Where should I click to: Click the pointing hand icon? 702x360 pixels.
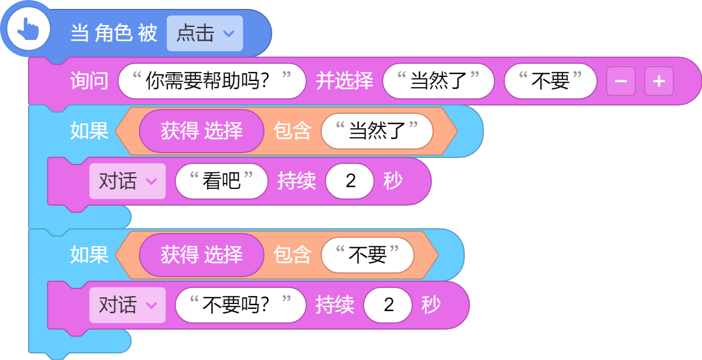[28, 30]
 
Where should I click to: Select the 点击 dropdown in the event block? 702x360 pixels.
[204, 33]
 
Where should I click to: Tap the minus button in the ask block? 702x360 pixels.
[621, 81]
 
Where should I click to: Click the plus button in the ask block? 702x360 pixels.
[659, 81]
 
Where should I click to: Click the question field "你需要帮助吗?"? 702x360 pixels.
[212, 81]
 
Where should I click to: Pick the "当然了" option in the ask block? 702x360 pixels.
[438, 81]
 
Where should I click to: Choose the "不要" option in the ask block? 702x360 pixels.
[551, 81]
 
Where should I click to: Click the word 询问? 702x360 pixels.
[89, 81]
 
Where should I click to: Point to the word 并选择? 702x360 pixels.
[344, 81]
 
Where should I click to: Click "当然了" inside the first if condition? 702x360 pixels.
[377, 131]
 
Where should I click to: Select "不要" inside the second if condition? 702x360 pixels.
[368, 255]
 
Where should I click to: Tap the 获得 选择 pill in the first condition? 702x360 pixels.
[201, 131]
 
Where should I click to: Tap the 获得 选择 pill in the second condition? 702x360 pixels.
[201, 255]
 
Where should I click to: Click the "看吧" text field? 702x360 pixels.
[222, 181]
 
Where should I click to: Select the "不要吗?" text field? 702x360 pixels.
[240, 305]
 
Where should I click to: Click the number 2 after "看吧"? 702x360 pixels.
[350, 181]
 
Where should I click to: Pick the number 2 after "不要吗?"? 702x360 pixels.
[388, 305]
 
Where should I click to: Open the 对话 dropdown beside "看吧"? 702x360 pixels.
[128, 181]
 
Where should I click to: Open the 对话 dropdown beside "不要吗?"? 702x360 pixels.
[128, 305]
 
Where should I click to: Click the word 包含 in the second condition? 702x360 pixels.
[293, 255]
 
